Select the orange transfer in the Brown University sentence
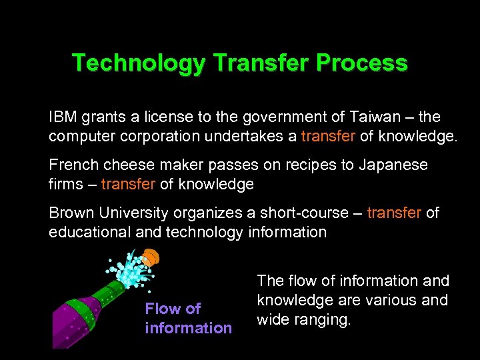(395, 213)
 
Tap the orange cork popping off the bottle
(151, 257)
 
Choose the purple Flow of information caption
(188, 318)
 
